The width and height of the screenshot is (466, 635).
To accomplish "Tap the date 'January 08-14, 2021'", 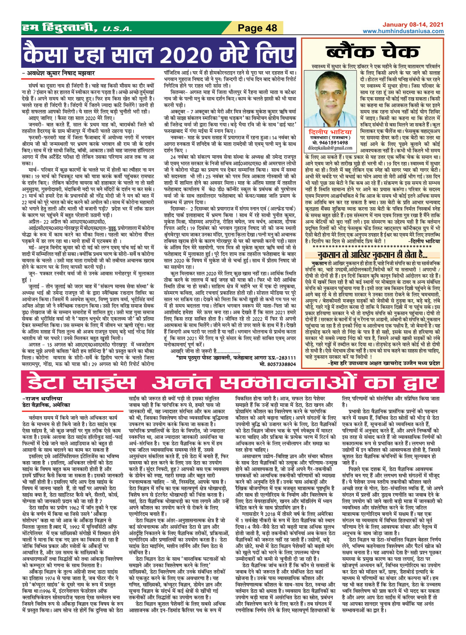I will tap(412, 25).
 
